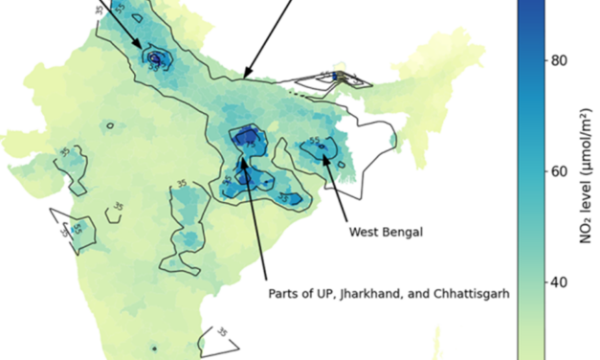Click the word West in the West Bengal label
pos(363,232)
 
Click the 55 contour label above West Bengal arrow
pos(315,142)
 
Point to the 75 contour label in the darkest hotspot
pos(248,136)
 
